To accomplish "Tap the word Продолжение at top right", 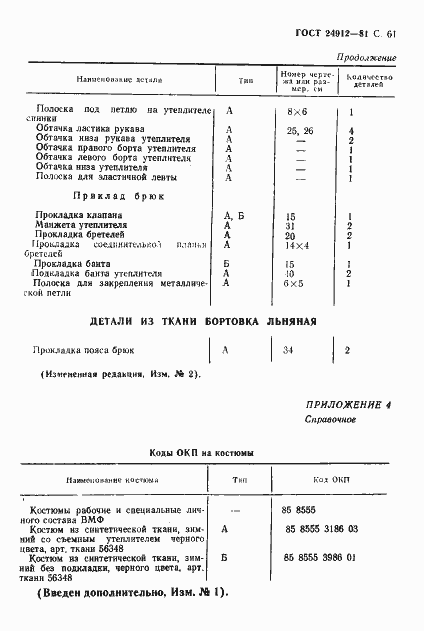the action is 366,58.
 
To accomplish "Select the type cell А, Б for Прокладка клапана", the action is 230,216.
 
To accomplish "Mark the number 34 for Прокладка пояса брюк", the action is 288,351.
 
